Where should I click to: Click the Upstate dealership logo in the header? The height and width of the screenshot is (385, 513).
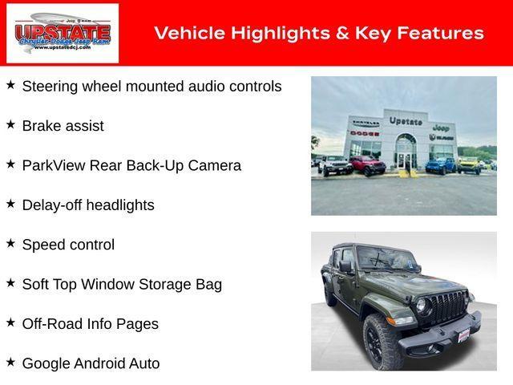point(63,33)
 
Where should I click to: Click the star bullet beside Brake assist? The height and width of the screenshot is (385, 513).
point(10,124)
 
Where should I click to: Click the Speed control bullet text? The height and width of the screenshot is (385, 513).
point(68,245)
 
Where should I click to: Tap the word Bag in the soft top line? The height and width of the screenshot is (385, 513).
point(208,284)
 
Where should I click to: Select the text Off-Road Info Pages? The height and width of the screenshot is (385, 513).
point(90,324)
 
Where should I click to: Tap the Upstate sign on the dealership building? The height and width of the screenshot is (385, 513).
point(405,120)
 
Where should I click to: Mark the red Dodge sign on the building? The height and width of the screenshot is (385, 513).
point(364,132)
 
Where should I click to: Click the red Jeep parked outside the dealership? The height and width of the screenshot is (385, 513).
point(367,165)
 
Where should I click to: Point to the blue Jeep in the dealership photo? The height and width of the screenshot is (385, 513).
point(439,165)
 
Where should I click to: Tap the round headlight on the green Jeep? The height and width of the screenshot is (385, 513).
point(422,306)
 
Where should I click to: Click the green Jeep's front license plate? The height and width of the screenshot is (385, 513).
point(463,334)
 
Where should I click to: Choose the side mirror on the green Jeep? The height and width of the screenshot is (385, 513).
point(346,267)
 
